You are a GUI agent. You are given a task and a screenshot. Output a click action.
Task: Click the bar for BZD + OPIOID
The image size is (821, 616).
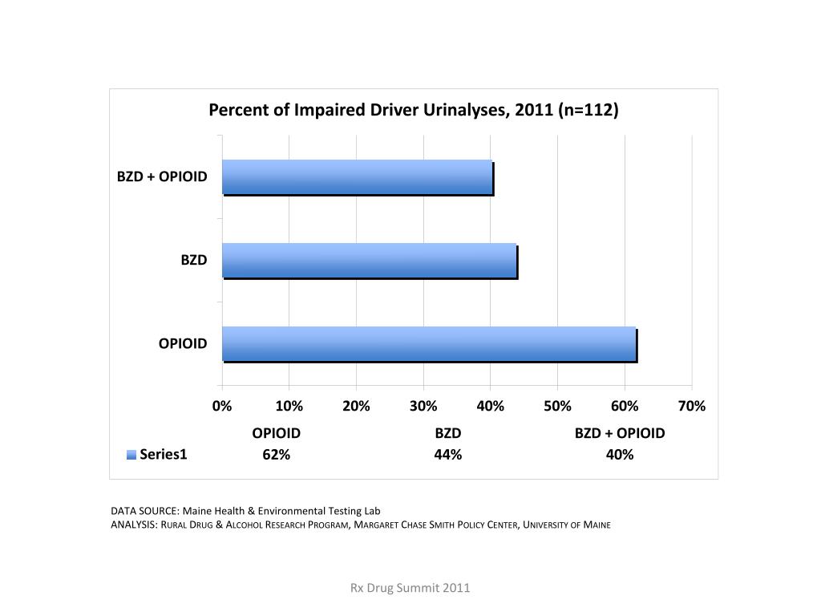click(x=358, y=177)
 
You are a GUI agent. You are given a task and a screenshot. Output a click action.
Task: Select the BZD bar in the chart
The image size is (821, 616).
click(x=370, y=261)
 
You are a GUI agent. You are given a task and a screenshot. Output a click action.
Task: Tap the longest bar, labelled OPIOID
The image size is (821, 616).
click(x=429, y=344)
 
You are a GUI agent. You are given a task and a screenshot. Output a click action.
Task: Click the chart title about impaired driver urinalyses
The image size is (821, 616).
click(x=414, y=110)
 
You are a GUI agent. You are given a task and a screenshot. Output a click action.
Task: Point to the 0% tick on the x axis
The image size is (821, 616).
click(x=222, y=406)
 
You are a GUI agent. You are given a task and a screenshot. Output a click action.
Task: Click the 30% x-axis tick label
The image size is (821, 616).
click(x=423, y=406)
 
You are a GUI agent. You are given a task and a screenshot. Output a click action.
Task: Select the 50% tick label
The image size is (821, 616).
click(x=557, y=406)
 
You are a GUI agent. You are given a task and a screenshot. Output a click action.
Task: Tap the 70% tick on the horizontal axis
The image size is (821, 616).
click(x=692, y=406)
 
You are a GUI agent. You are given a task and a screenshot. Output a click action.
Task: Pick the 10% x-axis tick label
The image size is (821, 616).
click(x=289, y=406)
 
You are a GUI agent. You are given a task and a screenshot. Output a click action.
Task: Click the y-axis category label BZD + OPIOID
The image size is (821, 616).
click(x=162, y=176)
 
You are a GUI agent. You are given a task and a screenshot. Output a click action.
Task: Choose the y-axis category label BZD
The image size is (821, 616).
click(x=193, y=260)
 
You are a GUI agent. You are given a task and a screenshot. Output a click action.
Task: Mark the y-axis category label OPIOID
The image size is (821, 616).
click(x=183, y=343)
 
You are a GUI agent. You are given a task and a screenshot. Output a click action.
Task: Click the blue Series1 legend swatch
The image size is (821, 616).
click(x=131, y=456)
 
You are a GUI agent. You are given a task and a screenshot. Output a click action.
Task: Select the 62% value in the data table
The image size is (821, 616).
click(x=276, y=455)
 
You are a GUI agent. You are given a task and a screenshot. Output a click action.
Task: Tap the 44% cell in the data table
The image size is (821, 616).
click(x=447, y=455)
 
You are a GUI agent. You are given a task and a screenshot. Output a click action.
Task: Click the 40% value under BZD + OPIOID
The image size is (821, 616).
click(x=620, y=455)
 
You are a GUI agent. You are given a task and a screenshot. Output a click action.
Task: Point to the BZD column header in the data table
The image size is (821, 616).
click(x=447, y=433)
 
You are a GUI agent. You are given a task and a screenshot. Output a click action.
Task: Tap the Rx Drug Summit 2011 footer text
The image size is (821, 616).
click(x=410, y=588)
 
